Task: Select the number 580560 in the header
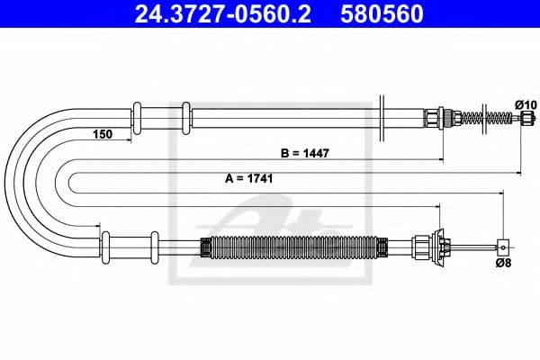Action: point(379,15)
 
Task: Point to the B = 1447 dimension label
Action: point(303,153)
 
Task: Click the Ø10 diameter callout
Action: point(526,105)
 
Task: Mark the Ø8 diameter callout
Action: point(504,263)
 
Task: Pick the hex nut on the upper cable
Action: point(432,118)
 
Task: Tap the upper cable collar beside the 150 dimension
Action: point(138,118)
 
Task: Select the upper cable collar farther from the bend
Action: point(184,118)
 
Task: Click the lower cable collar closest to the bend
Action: point(104,243)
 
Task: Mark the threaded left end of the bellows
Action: point(203,243)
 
